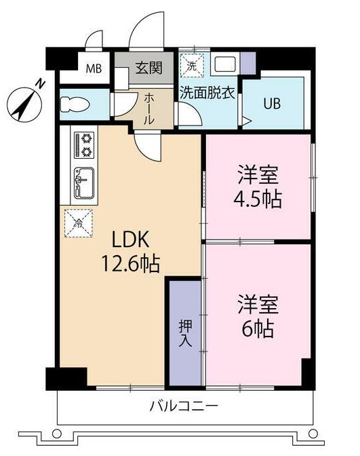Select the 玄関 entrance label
pyautogui.click(x=148, y=68)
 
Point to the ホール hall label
pyautogui.click(x=148, y=107)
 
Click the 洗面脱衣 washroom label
pyautogui.click(x=207, y=93)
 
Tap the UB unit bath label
pyautogui.click(x=272, y=104)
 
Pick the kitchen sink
pyautogui.click(x=85, y=182)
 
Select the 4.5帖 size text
pyautogui.click(x=259, y=199)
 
